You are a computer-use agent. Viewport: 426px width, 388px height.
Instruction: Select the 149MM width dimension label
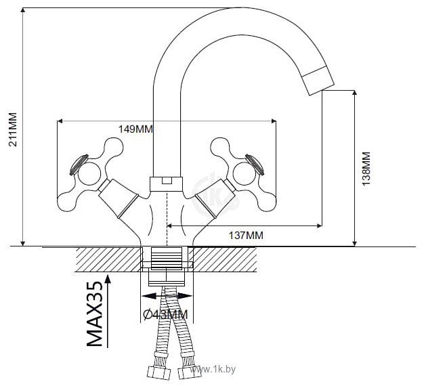pos(135,129)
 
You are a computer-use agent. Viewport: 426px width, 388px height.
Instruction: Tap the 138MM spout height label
pos(366,169)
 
